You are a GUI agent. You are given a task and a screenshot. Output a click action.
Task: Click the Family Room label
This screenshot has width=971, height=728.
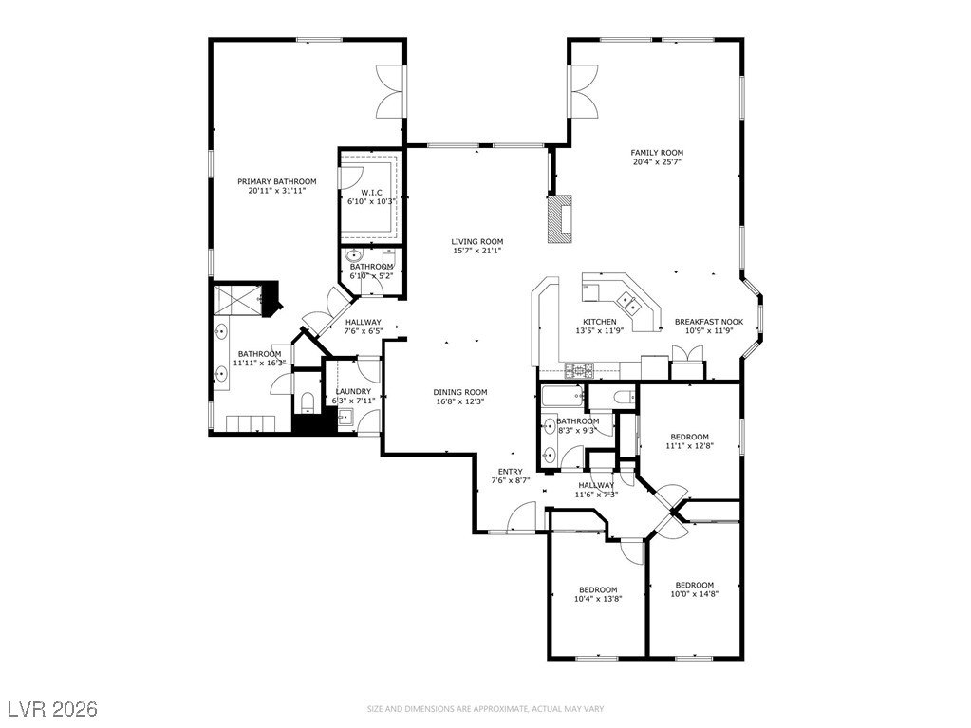click(x=657, y=152)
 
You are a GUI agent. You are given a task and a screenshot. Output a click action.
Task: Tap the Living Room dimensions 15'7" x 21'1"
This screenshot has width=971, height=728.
click(x=476, y=251)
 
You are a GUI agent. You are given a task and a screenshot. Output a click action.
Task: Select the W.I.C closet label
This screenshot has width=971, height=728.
click(x=371, y=193)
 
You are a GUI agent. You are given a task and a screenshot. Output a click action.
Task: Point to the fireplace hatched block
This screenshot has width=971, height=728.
click(x=560, y=219)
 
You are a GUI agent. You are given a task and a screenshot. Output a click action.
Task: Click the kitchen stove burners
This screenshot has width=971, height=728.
click(x=578, y=370)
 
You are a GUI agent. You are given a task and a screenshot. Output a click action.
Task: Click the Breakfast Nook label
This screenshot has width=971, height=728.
click(x=708, y=322)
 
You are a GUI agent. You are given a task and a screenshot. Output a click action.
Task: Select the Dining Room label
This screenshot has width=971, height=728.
click(x=460, y=392)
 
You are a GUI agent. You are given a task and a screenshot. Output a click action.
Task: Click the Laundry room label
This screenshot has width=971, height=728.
click(x=353, y=391)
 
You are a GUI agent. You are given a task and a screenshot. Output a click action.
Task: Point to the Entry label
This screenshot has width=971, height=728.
click(x=511, y=471)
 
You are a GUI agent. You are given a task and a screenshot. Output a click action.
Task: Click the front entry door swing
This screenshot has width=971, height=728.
click(x=521, y=517)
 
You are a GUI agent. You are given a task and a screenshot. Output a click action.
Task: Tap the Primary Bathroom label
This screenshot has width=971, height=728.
click(x=277, y=181)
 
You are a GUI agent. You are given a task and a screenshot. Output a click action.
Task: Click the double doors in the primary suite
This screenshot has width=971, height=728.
click(x=392, y=92)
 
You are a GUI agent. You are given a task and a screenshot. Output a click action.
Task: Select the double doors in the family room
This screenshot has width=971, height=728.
click(x=584, y=92)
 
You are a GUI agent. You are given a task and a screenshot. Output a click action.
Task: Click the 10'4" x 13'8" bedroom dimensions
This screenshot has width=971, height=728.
click(x=598, y=599)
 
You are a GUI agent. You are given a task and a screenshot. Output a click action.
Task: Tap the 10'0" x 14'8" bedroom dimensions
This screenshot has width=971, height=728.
click(x=694, y=593)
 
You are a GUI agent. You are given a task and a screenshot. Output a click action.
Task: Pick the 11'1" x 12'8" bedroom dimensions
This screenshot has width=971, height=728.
click(x=690, y=445)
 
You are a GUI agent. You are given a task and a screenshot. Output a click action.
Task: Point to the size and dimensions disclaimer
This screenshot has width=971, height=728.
click(x=486, y=709)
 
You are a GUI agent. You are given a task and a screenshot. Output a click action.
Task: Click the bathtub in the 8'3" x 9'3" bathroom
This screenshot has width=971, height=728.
click(x=563, y=396)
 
